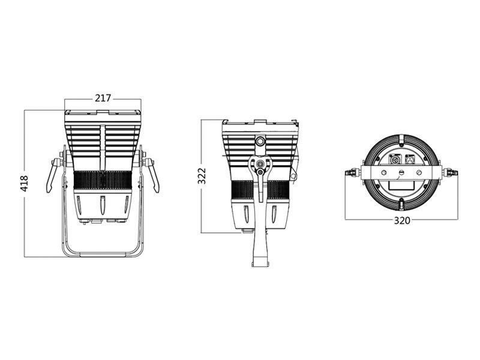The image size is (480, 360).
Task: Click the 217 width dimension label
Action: pyautogui.click(x=103, y=98)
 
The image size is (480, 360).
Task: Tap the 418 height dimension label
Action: pyautogui.click(x=24, y=184)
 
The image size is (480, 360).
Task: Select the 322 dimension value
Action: pyautogui.click(x=202, y=176)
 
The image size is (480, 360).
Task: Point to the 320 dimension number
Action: pyautogui.click(x=401, y=220)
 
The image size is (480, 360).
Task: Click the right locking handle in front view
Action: pyautogui.click(x=152, y=175)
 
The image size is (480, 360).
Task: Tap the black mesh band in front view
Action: pyautogui.click(x=103, y=181)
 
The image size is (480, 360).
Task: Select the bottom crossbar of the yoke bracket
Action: pyautogui.click(x=103, y=254)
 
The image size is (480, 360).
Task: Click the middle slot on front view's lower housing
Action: pyautogui.click(x=103, y=205)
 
